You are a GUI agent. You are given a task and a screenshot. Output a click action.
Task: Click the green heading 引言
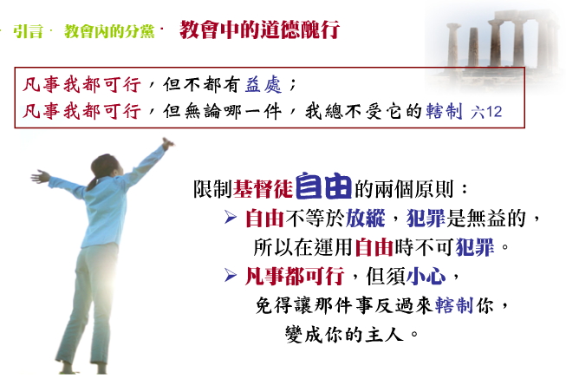(28, 31)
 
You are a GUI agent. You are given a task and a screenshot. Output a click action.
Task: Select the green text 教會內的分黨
(109, 31)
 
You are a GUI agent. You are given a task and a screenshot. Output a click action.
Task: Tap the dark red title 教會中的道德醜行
(259, 29)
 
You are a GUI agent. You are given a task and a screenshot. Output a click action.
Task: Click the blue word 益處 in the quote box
(263, 85)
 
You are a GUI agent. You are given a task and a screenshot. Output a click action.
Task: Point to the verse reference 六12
(486, 112)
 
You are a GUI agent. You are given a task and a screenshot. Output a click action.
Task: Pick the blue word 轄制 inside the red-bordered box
(444, 111)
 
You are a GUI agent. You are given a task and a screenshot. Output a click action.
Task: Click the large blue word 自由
(323, 186)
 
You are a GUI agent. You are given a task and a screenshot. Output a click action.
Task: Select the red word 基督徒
(263, 188)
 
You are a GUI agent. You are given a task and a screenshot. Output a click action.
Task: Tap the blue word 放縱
(365, 219)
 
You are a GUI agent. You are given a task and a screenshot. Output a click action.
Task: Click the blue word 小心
(426, 277)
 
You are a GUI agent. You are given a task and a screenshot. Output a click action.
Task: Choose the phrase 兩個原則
(414, 188)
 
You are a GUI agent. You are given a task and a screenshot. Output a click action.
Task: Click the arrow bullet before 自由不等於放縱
(231, 217)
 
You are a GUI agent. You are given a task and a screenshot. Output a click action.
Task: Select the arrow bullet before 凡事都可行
(231, 275)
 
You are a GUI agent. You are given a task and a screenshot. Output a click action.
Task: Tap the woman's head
(106, 167)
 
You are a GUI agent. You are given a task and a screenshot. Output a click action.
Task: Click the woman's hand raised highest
(167, 143)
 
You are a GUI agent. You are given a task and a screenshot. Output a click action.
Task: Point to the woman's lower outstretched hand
(40, 177)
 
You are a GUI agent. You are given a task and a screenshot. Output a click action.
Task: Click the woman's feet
(83, 367)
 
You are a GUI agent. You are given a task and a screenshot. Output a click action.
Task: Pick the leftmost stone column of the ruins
(453, 44)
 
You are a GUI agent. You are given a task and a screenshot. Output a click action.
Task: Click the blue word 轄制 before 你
(453, 305)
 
